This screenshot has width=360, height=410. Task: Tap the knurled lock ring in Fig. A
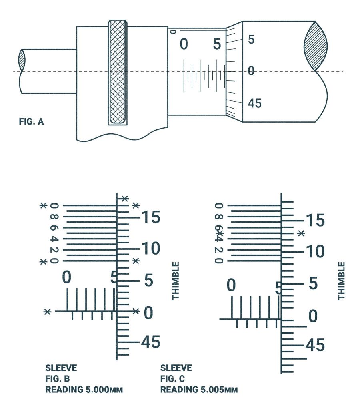coord(118,72)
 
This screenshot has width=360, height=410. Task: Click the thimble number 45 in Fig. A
coord(254,103)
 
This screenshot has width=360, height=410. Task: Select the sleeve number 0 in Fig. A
coord(184,44)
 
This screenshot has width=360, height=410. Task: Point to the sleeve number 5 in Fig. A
coord(216,44)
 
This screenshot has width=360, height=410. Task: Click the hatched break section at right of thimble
coord(316,46)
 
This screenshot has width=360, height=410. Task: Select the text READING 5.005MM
coord(199,390)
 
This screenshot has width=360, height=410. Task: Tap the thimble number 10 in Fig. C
coord(315,252)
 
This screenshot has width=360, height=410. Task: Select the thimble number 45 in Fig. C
coord(315,345)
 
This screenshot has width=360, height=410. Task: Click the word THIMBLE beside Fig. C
coord(341,281)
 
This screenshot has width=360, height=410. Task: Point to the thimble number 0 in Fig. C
coord(313,316)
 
